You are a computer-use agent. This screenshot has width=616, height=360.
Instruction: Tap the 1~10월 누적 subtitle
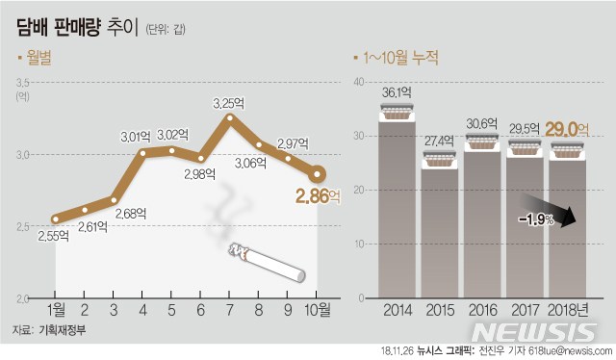[403, 58]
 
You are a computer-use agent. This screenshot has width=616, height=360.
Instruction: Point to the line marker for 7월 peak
[229, 117]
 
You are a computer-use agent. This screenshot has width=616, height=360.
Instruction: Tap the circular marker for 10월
[318, 174]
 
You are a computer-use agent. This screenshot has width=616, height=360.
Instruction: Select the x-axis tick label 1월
[55, 310]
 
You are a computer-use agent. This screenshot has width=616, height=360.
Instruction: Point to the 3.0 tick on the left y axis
[24, 154]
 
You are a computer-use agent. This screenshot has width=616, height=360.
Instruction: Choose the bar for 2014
[397, 207]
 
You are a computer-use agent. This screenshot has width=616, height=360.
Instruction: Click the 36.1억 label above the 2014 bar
[397, 93]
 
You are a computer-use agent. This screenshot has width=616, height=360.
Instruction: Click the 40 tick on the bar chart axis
[358, 83]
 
